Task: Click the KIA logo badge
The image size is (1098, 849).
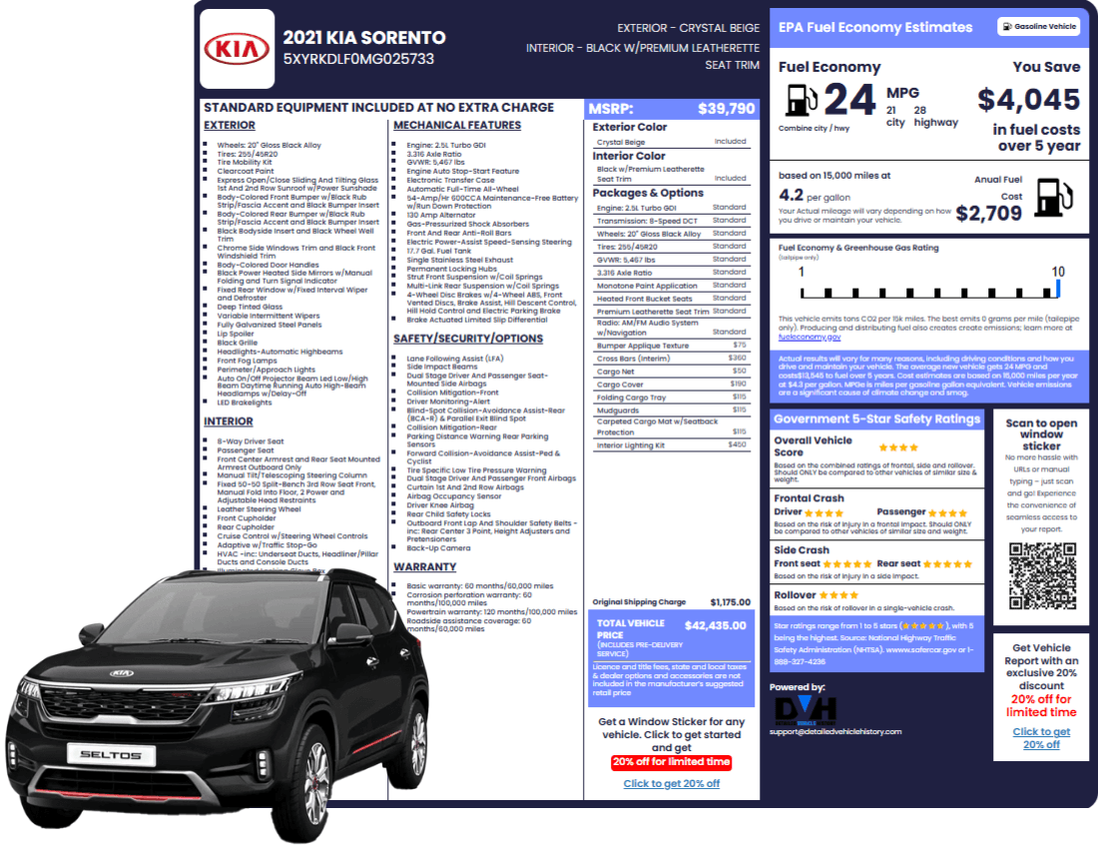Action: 237,49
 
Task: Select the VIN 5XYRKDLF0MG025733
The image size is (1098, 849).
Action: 358,59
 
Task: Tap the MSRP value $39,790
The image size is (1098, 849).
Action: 726,109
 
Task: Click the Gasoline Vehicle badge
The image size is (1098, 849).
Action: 1038,27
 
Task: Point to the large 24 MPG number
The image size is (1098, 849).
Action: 849,100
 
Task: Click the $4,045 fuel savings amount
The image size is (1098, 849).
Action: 1028,100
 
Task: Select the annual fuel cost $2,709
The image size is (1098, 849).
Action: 988,213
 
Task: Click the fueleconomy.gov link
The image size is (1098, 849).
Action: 809,338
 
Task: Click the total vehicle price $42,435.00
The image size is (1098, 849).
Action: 715,626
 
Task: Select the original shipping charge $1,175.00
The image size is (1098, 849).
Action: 730,602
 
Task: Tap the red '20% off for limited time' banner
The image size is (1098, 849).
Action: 671,762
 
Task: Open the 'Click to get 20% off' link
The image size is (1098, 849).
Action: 671,784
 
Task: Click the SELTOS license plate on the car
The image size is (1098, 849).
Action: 111,755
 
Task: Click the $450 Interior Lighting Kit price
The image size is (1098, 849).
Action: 737,444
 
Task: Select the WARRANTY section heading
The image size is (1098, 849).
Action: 425,567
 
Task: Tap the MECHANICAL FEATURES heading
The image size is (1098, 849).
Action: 457,125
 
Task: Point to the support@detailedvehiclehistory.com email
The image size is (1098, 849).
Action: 834,732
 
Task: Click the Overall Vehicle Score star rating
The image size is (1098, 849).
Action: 898,447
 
